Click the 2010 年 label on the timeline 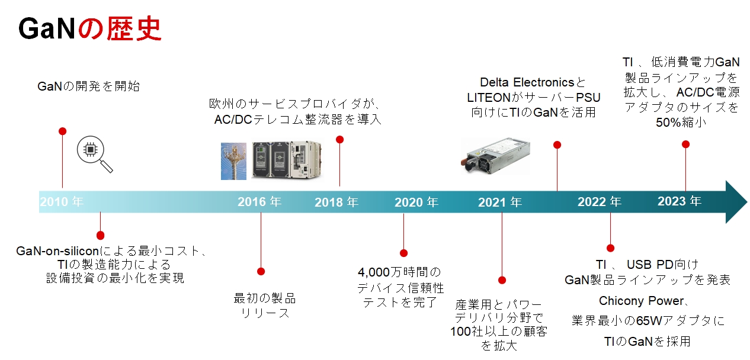coord(62,201)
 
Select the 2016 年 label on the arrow coord(259,201)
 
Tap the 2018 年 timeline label coord(336,202)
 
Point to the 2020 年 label coord(416,202)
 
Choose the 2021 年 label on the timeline coord(500,202)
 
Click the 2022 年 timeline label coord(600,202)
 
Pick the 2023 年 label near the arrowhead coord(680,201)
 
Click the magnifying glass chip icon coord(94,155)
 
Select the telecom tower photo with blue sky coord(233,160)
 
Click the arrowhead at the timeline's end coord(736,202)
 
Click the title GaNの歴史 coord(89,29)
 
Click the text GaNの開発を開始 coord(89,86)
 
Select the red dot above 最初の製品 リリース coord(261,271)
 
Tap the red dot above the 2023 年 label coord(685,144)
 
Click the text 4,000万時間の coord(400,272)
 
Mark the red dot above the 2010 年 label coord(62,131)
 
